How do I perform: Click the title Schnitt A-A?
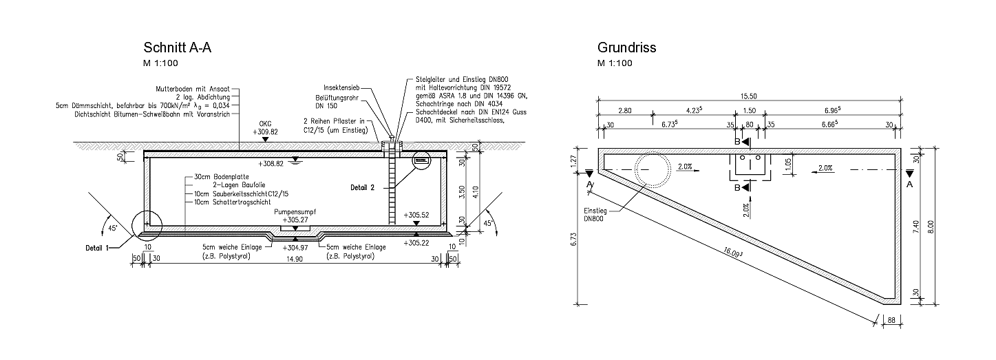pos(177,47)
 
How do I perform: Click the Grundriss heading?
pos(626,47)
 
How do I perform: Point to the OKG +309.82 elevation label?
pos(265,128)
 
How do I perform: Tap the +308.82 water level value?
pos(271,164)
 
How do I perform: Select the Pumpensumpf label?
pos(295,212)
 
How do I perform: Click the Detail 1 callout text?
pos(97,248)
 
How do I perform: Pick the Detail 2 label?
pos(362,187)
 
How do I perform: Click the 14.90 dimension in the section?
pos(295,259)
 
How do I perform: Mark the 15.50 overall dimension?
pos(749,96)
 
